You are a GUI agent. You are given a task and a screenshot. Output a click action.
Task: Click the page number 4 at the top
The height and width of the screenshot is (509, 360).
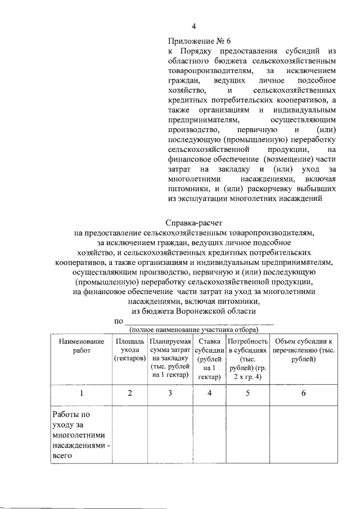tap(194, 26)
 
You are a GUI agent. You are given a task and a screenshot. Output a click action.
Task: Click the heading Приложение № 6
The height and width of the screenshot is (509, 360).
tap(199, 41)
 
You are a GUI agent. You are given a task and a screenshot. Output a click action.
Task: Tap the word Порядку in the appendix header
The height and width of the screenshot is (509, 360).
tap(195, 51)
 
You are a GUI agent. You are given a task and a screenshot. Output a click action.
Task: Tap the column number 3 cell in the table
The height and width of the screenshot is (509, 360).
tap(170, 393)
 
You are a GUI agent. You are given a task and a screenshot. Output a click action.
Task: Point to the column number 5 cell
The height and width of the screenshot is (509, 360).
tap(247, 393)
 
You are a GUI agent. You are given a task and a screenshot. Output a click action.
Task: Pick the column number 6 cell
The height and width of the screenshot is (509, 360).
tap(303, 393)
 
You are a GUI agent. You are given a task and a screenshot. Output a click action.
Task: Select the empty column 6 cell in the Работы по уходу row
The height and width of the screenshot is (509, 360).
tap(303, 435)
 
